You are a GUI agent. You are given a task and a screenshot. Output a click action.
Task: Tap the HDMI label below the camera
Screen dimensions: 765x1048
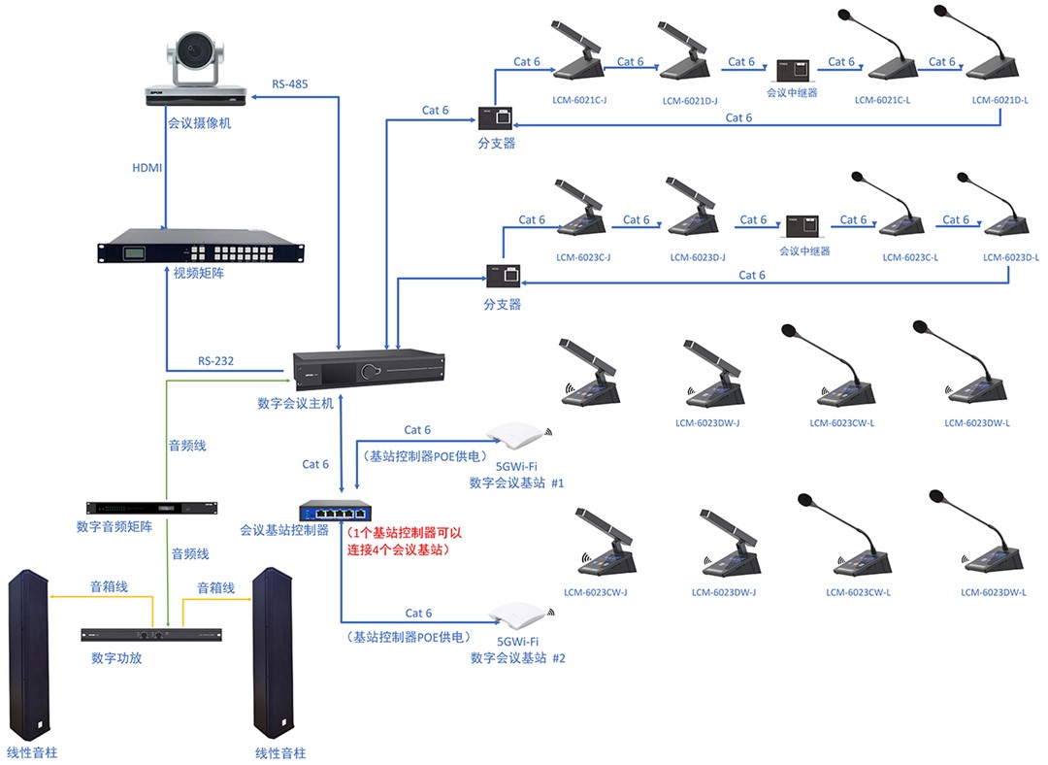click(x=147, y=168)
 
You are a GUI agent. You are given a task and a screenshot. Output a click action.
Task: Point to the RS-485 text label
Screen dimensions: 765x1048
click(x=290, y=84)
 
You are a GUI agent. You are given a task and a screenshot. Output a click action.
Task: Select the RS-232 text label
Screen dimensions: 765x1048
click(x=216, y=361)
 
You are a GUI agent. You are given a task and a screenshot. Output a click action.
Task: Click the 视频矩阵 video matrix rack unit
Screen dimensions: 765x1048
click(x=200, y=247)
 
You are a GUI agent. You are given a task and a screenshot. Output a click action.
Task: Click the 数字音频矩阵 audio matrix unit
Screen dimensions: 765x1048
click(x=151, y=509)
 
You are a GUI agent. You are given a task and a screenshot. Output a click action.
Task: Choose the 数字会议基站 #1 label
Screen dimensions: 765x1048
click(x=516, y=482)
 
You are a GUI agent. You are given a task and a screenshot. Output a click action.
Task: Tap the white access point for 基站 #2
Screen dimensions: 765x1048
click(x=516, y=615)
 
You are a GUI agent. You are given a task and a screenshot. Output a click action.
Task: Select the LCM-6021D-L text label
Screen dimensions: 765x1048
click(x=999, y=100)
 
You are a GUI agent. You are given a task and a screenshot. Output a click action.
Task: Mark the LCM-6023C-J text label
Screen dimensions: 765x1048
click(x=583, y=257)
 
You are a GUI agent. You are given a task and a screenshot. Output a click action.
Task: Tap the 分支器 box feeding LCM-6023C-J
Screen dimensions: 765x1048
click(x=503, y=275)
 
